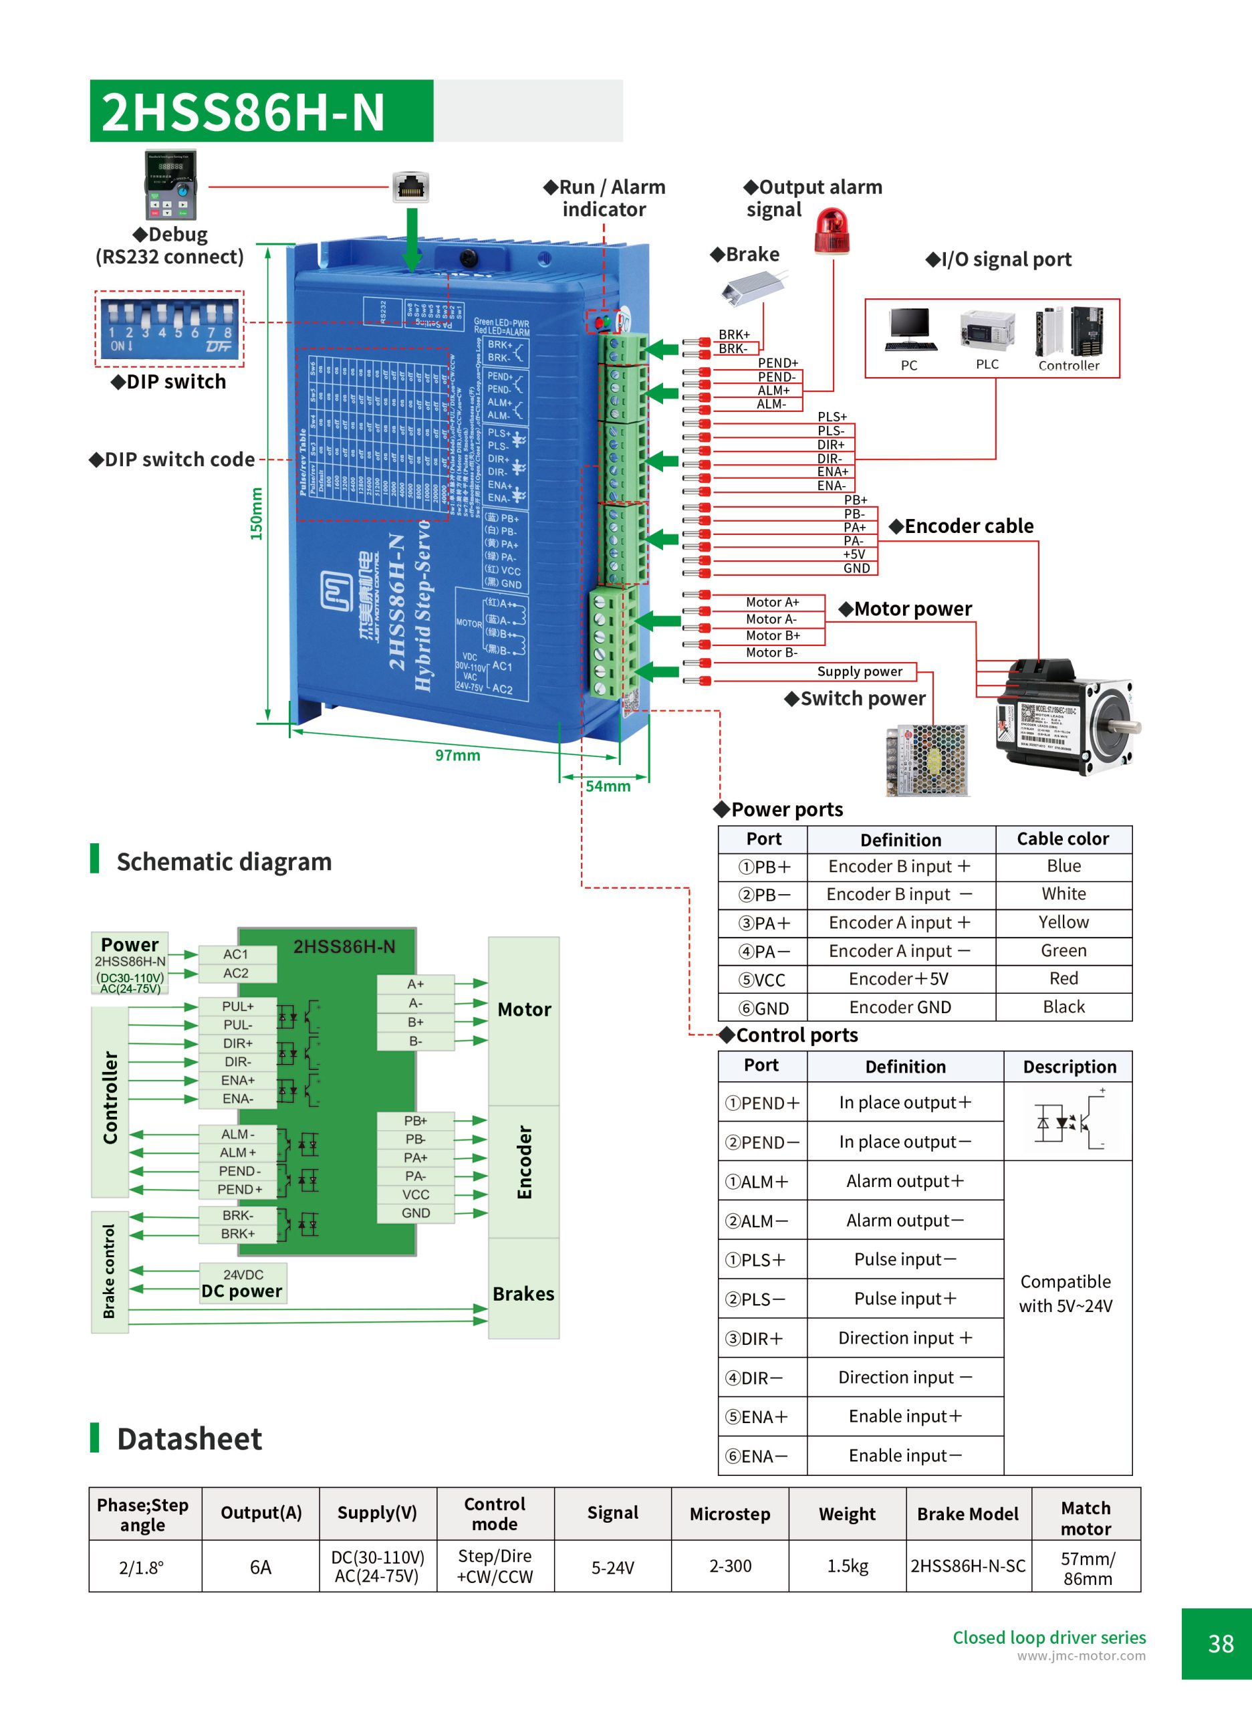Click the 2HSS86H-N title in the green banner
[243, 112]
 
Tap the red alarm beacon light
[832, 232]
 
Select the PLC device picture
[987, 329]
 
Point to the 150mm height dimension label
[257, 514]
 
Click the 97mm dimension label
[457, 755]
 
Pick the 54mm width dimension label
[608, 786]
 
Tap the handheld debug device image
[170, 185]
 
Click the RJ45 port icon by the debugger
[411, 187]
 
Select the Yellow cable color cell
[1063, 922]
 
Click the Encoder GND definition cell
[900, 1007]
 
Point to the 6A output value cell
[260, 1567]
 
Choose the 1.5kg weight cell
[848, 1566]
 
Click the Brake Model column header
[967, 1514]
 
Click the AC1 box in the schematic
[237, 954]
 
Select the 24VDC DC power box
[243, 1283]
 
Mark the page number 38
[1220, 1644]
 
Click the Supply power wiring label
[860, 671]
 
